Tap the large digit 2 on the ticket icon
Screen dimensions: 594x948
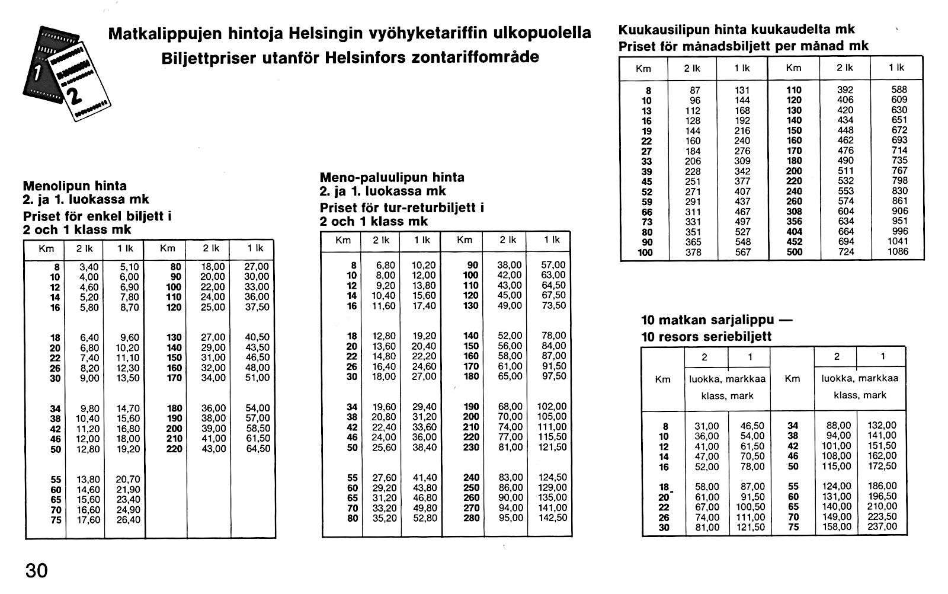[x=76, y=95]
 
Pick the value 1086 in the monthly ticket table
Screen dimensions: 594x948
[x=897, y=252]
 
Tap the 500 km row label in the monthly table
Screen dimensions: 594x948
[x=794, y=252]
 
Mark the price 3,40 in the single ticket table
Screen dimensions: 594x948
[x=89, y=267]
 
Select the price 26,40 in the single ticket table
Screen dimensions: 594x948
[x=128, y=520]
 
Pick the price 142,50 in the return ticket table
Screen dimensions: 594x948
[x=553, y=518]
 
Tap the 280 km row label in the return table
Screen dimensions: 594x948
[x=470, y=518]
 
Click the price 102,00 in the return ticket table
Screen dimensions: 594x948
[x=552, y=407]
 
